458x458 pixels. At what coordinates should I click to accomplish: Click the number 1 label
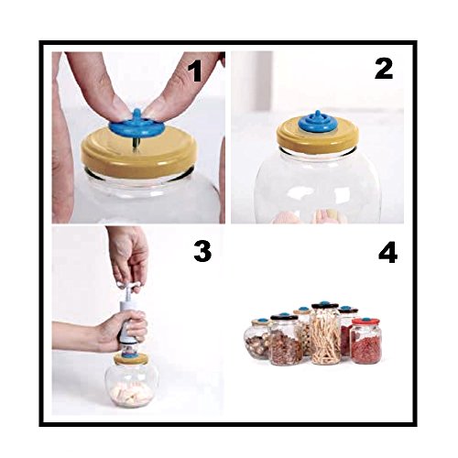point(195,71)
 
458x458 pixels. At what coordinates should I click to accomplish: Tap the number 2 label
point(384,69)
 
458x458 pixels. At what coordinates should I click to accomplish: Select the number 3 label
point(202,251)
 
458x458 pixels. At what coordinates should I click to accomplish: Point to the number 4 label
point(387,253)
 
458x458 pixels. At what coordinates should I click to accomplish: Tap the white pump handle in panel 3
point(128,286)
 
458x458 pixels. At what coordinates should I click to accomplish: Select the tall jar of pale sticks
point(325,333)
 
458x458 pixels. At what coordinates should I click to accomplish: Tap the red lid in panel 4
point(365,322)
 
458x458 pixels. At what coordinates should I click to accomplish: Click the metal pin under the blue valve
point(135,145)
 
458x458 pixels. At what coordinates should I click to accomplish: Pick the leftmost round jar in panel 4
point(257,338)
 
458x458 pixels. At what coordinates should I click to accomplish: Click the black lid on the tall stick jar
point(324,305)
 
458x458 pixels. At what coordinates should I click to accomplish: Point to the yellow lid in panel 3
point(131,359)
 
